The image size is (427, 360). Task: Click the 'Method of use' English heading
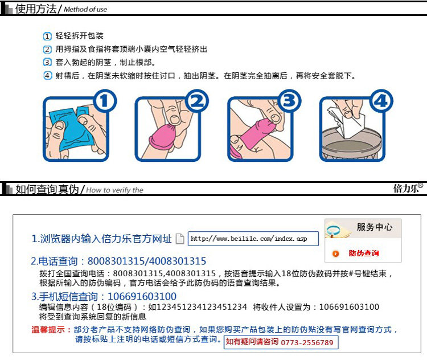(85, 10)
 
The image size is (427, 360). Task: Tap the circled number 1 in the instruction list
(47, 36)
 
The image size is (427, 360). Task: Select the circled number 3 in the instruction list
(47, 62)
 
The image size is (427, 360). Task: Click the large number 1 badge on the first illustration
(105, 101)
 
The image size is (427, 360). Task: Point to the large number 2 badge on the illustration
(197, 101)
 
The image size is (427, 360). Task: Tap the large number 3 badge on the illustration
(289, 101)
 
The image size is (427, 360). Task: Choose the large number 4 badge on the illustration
(381, 101)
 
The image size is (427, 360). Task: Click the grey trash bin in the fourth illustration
(351, 143)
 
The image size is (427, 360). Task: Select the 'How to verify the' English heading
(114, 190)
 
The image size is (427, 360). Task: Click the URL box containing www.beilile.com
(253, 239)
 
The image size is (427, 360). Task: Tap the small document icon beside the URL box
(180, 239)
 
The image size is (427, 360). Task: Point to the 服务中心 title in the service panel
(375, 227)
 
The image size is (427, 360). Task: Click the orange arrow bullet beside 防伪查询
(336, 253)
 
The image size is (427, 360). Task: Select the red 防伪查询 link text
(364, 253)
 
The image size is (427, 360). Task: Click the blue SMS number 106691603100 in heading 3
(142, 297)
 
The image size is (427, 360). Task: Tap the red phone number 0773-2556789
(307, 342)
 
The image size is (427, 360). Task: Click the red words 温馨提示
(48, 329)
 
